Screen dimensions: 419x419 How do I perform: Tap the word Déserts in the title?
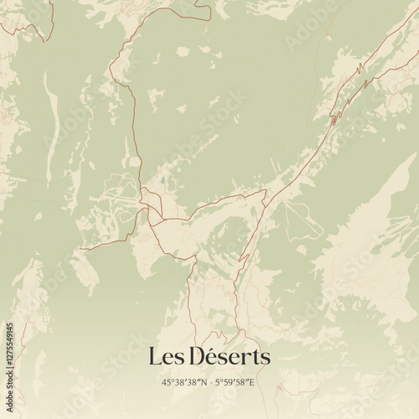[226, 357]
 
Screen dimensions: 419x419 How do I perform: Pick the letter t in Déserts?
[255, 358]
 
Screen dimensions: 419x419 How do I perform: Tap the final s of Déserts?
[265, 359]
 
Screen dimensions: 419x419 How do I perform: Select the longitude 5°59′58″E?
[235, 382]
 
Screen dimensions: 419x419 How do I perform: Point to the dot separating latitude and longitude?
[209, 382]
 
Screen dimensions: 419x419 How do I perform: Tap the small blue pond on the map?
[162, 178]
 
